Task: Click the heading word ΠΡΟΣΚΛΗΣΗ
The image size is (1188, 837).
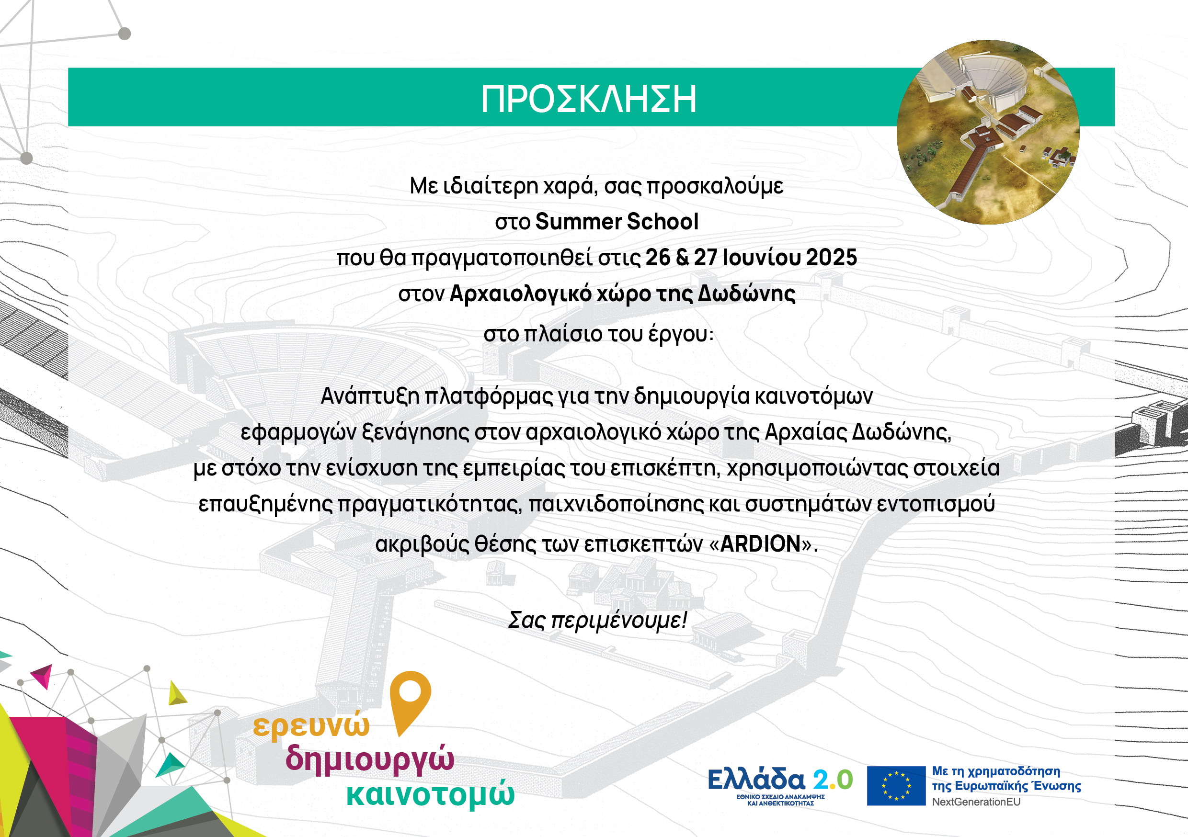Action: coord(588,99)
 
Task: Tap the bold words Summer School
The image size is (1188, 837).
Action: coord(617,221)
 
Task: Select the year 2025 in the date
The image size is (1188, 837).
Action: coord(832,258)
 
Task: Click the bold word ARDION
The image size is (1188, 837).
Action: coord(761,543)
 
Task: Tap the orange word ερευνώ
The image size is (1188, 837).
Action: coord(311,725)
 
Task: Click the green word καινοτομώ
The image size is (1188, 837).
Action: coord(430,794)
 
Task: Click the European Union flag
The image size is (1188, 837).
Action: coord(896,786)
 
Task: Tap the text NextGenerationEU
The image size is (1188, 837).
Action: coord(976,802)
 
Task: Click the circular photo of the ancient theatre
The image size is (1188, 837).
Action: coord(988,132)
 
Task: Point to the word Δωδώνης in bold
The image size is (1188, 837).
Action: coord(747,294)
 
